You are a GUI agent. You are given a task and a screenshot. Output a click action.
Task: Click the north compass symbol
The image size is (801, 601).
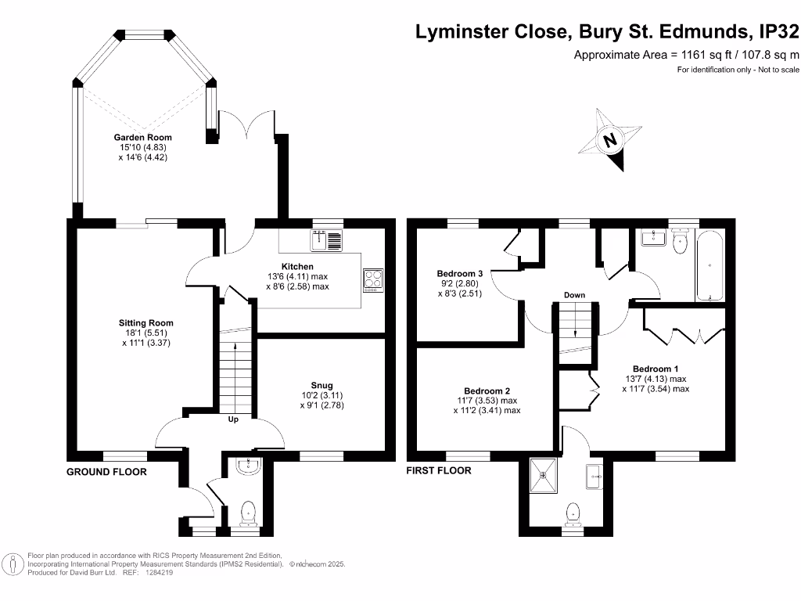(x=610, y=141)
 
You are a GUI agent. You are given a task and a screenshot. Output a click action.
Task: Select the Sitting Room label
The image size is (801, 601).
(x=146, y=322)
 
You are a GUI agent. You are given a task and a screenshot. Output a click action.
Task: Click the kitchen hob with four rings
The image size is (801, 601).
(x=373, y=280)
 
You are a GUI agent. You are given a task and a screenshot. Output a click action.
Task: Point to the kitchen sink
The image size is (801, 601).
(x=326, y=241)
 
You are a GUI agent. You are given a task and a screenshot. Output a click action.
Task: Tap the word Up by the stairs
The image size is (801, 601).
(x=233, y=419)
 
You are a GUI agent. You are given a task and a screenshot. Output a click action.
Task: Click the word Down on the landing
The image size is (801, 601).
(x=574, y=295)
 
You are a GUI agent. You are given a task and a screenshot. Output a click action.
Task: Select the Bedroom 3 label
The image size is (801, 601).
(x=459, y=274)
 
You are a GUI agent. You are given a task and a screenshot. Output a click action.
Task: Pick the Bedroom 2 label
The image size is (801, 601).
(x=487, y=391)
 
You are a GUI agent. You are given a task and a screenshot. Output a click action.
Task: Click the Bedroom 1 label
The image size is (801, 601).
(x=656, y=369)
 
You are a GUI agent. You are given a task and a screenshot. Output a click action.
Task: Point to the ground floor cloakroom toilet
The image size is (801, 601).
(x=249, y=512)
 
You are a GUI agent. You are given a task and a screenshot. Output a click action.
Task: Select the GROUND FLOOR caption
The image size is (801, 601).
(x=106, y=472)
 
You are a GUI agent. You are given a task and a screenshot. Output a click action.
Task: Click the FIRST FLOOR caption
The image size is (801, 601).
(x=439, y=471)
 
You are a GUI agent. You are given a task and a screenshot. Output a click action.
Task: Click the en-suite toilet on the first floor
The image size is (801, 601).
(x=573, y=513)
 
